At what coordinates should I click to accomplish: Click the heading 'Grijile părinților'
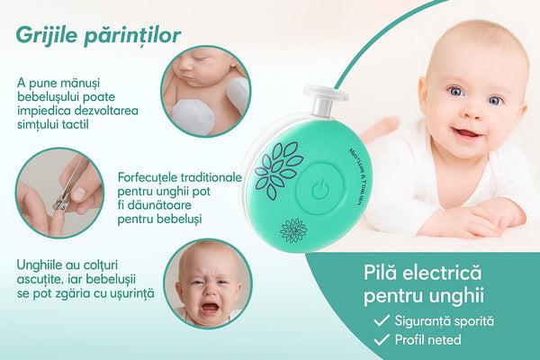click(97, 35)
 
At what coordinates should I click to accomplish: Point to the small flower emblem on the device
click(293, 230)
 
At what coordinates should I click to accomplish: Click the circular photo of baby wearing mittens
click(205, 91)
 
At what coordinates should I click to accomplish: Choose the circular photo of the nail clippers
click(61, 192)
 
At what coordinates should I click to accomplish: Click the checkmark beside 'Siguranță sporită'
click(382, 320)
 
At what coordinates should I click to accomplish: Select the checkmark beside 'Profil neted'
click(382, 341)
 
